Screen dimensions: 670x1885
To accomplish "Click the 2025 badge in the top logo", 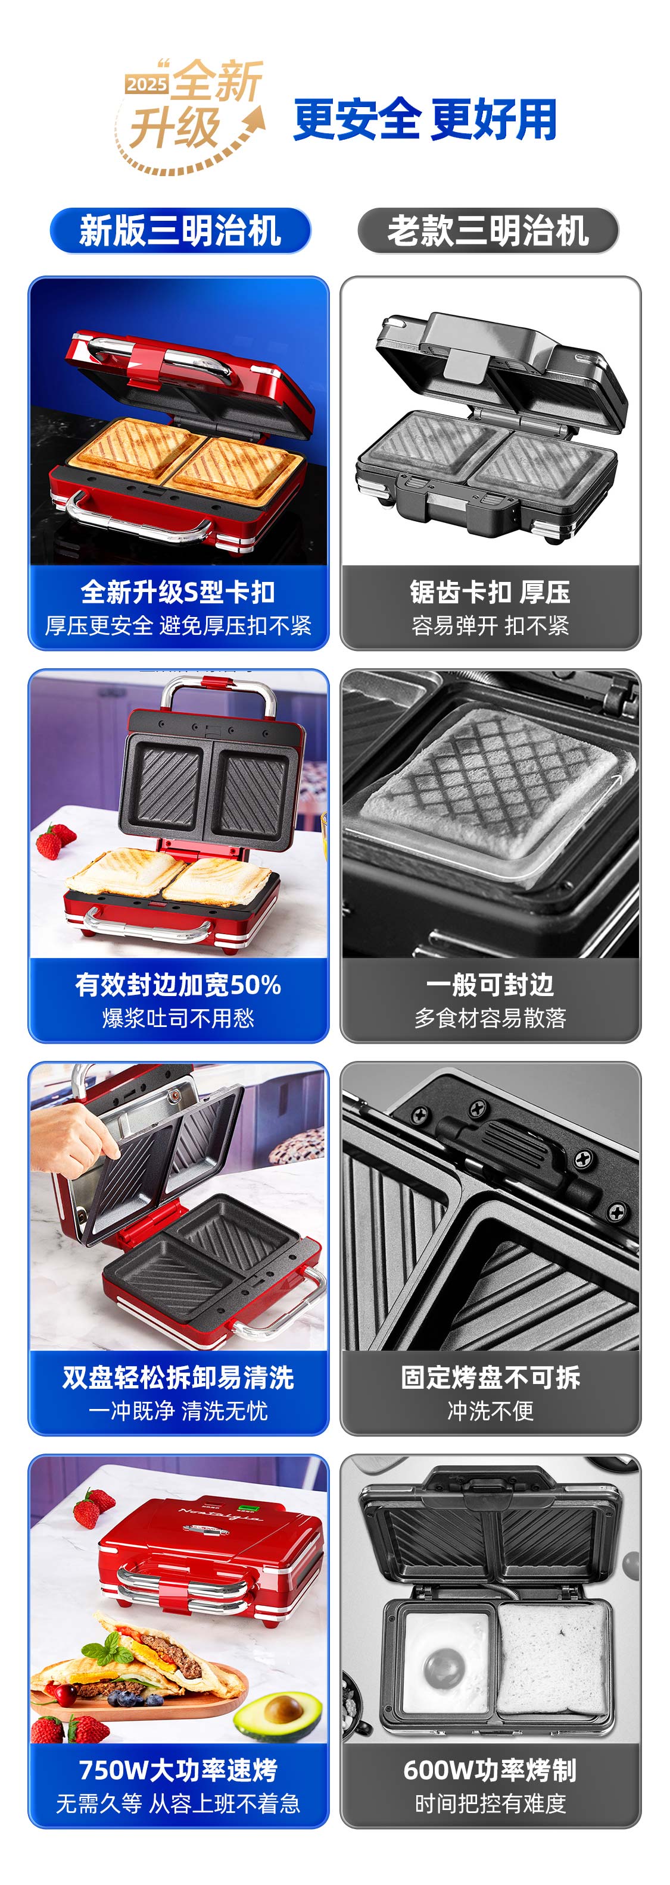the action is (x=147, y=84).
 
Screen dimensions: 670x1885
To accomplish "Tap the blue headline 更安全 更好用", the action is (x=425, y=119).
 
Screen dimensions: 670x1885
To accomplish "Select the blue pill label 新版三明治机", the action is (x=180, y=230).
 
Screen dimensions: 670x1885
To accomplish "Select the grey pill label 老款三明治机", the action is (x=488, y=230).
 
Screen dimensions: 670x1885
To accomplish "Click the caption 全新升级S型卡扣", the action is (x=178, y=591).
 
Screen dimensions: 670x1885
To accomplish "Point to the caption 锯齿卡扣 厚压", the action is (x=490, y=591).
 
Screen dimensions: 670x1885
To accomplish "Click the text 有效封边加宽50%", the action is (x=178, y=984).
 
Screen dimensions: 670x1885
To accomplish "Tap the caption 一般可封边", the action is (x=490, y=984).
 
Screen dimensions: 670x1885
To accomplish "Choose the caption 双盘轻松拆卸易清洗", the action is (x=178, y=1377).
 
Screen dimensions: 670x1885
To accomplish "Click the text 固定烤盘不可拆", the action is (x=490, y=1377).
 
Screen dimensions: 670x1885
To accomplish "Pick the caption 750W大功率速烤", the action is (x=178, y=1770).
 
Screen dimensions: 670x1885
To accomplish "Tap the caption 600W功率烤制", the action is (x=490, y=1770).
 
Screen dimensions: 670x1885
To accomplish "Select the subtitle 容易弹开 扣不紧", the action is (x=490, y=625).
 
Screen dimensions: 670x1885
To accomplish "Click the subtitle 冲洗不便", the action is (x=490, y=1411).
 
